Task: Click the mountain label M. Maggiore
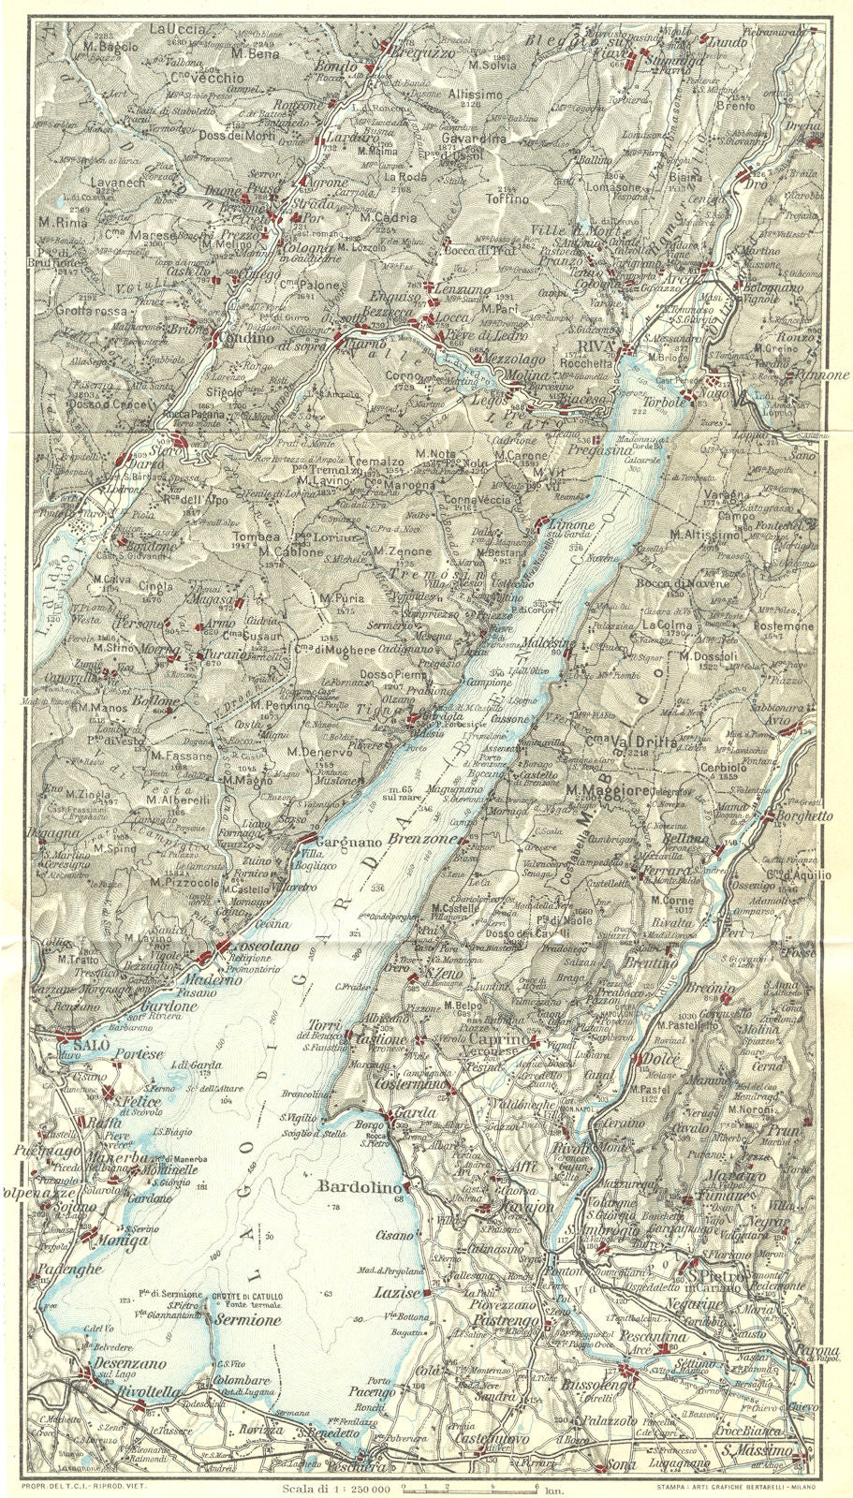[608, 791]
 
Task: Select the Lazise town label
[393, 1291]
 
